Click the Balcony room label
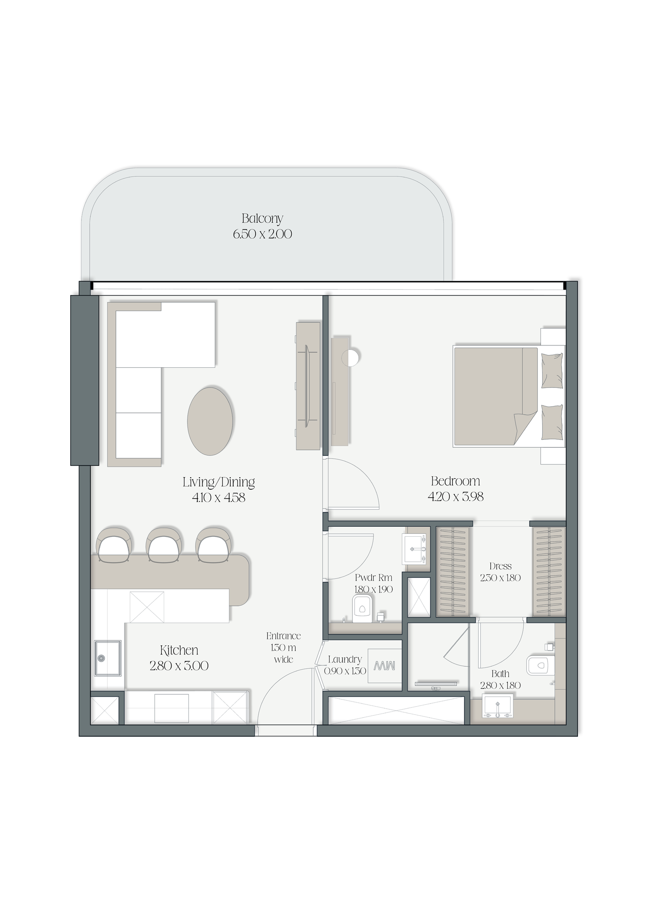(262, 219)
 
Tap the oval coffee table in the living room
(210, 420)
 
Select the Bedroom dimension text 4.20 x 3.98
(456, 497)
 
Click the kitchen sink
(107, 658)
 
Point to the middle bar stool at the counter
(164, 544)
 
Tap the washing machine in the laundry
(384, 666)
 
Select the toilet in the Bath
(541, 665)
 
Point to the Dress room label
(500, 566)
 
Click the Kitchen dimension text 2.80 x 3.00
(179, 666)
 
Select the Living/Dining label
(219, 482)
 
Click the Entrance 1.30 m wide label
(283, 648)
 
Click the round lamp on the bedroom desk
(351, 357)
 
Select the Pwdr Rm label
(373, 578)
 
